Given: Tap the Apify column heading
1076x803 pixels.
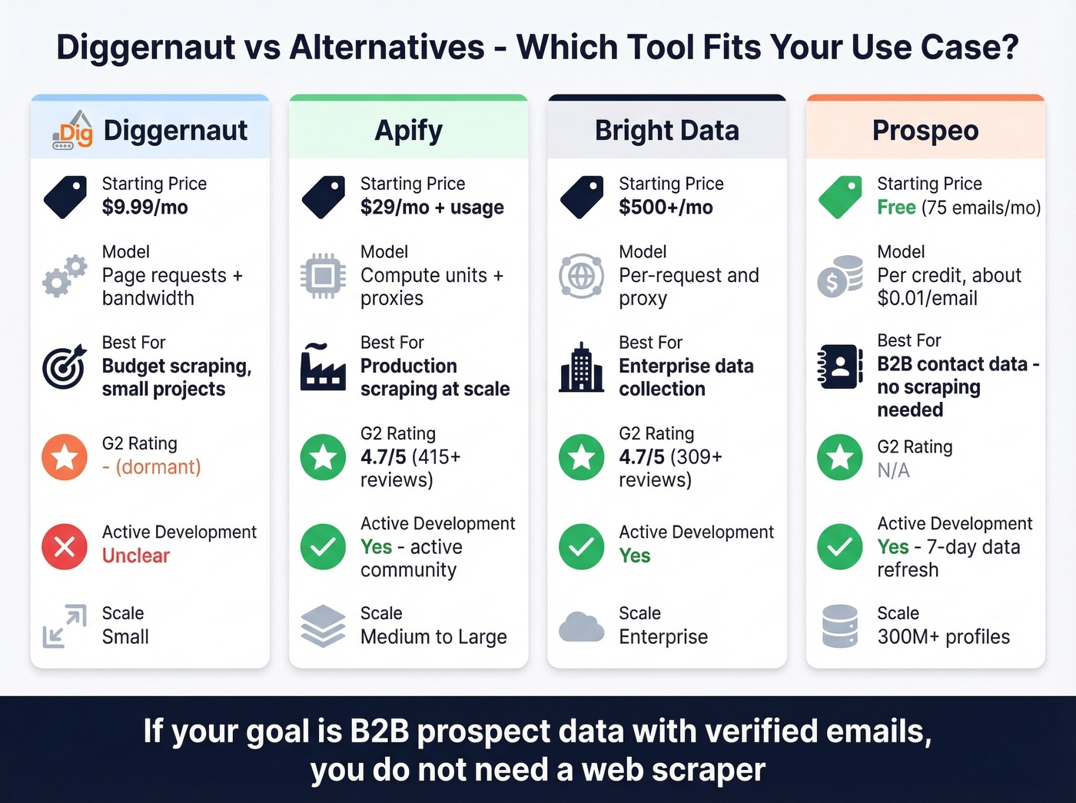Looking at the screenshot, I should point(408,131).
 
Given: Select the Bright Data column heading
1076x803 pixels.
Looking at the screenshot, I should point(666,131).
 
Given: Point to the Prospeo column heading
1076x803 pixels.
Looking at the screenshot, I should point(925,131).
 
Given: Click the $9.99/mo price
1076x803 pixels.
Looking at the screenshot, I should point(144,207).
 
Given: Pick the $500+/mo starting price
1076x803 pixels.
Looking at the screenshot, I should point(666,207).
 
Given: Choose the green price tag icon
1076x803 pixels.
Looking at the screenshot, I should point(840,197).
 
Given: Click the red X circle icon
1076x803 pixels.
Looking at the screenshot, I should point(65,546).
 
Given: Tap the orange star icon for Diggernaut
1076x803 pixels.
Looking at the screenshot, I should point(65,457).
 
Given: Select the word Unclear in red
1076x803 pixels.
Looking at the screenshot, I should point(136,556).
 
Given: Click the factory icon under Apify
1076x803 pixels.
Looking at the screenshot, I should point(323,367).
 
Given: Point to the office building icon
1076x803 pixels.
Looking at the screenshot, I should point(581,367).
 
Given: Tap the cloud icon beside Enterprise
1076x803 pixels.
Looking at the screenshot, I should point(581,626).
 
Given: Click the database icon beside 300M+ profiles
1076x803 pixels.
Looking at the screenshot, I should point(839,626).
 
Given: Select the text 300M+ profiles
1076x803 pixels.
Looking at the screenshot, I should point(943,637).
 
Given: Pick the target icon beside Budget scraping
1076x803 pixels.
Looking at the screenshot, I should point(65,367).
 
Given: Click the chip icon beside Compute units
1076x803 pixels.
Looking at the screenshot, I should point(323,275).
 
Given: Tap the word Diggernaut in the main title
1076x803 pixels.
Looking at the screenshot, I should point(144,48).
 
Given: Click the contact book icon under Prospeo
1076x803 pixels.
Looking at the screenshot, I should point(839,367).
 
